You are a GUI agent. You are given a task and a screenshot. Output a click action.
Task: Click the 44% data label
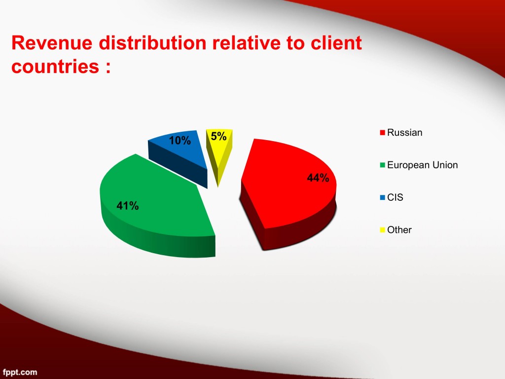click(318, 178)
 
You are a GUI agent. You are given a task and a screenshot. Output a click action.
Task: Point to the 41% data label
click(128, 206)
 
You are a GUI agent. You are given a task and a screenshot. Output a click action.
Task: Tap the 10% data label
click(180, 141)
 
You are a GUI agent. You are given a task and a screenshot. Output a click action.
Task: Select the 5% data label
click(218, 136)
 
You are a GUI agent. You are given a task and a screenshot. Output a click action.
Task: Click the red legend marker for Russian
click(383, 133)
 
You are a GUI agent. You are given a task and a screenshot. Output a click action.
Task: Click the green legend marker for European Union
click(383, 165)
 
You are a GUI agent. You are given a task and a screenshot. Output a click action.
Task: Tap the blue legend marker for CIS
click(383, 197)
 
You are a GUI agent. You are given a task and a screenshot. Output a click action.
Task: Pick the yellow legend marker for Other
click(383, 230)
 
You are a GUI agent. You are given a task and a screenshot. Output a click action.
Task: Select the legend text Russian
click(404, 132)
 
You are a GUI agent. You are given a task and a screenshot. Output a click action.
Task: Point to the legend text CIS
click(395, 197)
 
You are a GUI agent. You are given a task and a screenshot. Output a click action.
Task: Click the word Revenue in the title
click(52, 43)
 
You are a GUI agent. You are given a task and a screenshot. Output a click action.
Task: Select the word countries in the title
click(55, 67)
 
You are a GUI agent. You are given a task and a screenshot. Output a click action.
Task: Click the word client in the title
click(336, 43)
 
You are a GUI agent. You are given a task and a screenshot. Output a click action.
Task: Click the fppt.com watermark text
click(20, 373)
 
